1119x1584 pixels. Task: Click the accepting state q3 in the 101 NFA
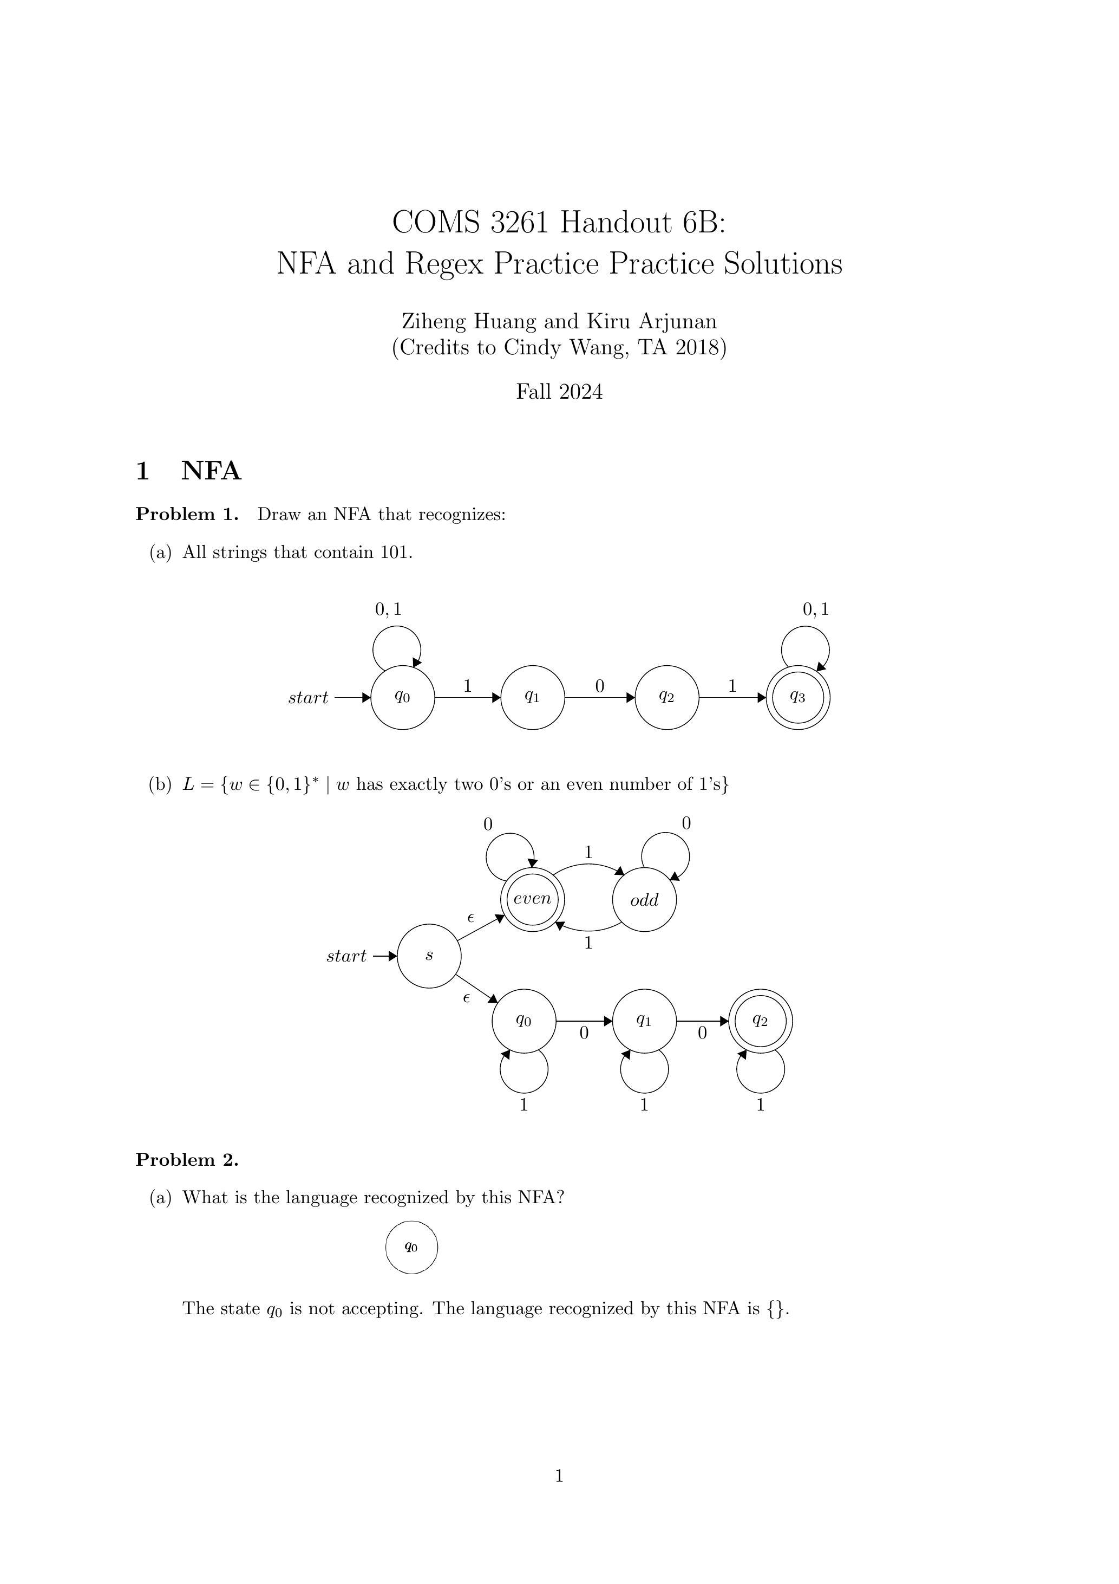[x=798, y=698]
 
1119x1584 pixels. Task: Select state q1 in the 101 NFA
[x=532, y=698]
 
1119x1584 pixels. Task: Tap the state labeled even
[x=532, y=899]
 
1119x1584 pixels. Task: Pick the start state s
[x=429, y=956]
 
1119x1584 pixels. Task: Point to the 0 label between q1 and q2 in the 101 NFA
[x=599, y=686]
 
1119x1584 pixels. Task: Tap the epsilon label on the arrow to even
[x=470, y=918]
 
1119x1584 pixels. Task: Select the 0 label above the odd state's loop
[x=685, y=823]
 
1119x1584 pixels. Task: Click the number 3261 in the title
[x=520, y=222]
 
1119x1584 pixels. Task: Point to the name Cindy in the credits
[x=529, y=347]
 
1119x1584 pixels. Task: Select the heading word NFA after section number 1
[x=211, y=471]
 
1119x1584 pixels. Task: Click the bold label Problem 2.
[x=187, y=1160]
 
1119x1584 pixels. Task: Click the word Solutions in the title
[x=782, y=263]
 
